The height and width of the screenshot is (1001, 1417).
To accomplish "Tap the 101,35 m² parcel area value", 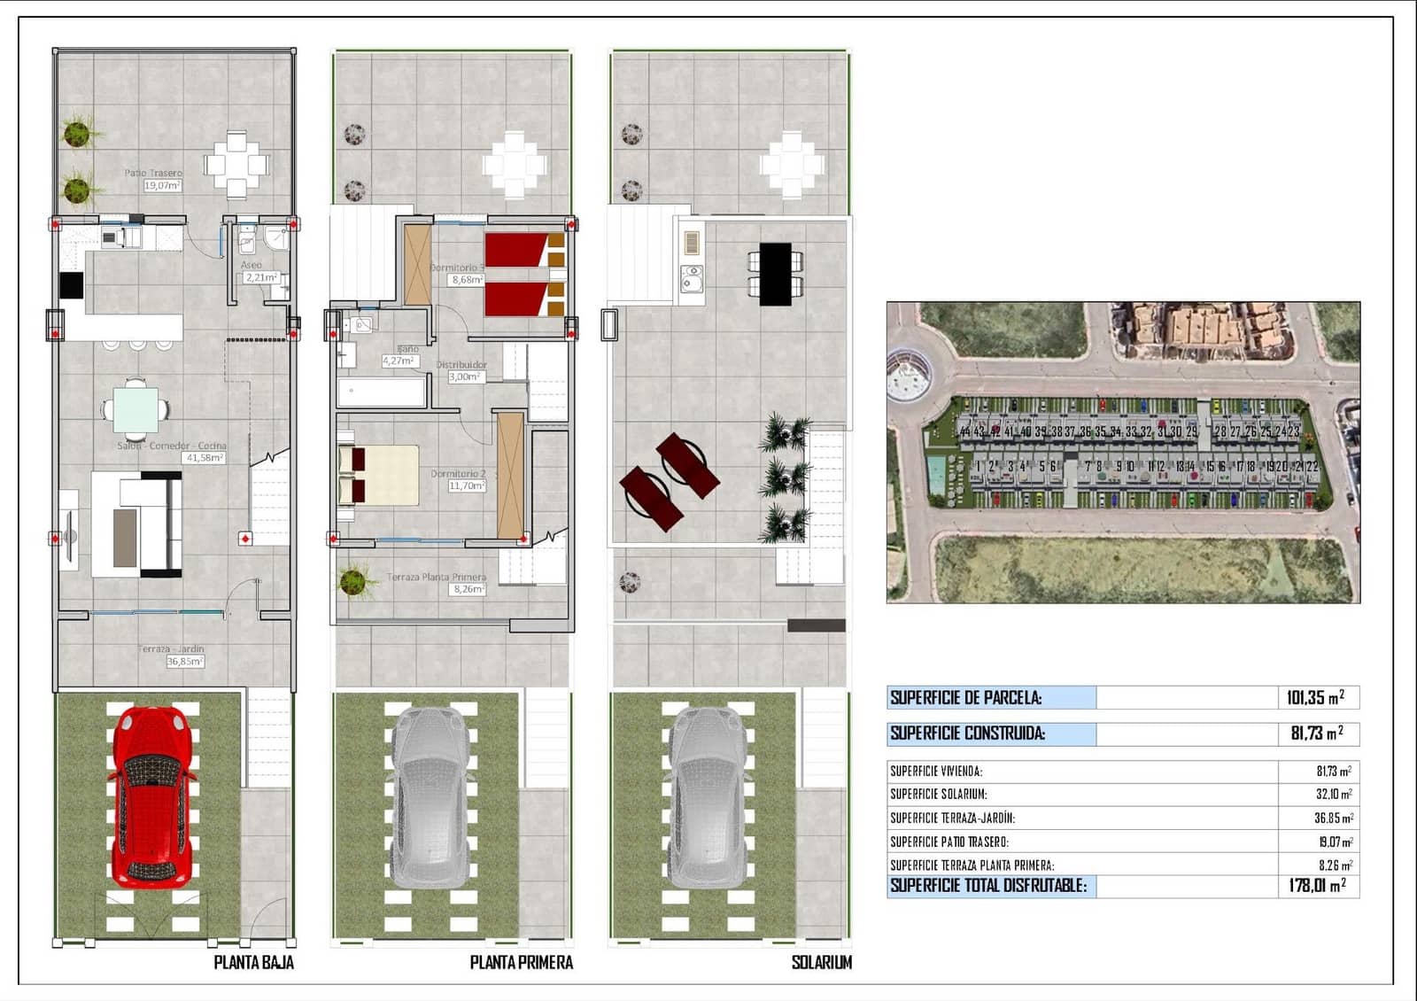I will pos(1315,698).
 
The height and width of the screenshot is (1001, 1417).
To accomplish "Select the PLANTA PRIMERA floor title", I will pos(521,962).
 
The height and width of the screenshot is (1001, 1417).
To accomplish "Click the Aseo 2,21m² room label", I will pos(259,272).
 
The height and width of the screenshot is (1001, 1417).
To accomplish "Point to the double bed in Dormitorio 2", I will pos(378,475).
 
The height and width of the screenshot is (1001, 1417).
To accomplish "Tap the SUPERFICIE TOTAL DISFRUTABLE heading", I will pos(988,885).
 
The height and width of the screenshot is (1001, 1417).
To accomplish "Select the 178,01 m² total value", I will pos(1317,885).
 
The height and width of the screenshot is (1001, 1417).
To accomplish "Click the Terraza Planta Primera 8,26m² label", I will pos(437,583).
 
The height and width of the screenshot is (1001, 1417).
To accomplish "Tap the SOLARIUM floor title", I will pos(821,962).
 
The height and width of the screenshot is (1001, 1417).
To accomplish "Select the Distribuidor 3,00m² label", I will pos(462,370).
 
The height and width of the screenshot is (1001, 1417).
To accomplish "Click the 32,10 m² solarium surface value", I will pos(1333,795).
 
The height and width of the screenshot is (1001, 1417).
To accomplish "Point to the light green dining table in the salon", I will pos(136,409).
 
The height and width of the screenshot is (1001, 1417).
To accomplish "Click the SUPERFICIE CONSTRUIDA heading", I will pos(967,733).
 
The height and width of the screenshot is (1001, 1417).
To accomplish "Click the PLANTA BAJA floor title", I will pos(253,962).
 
